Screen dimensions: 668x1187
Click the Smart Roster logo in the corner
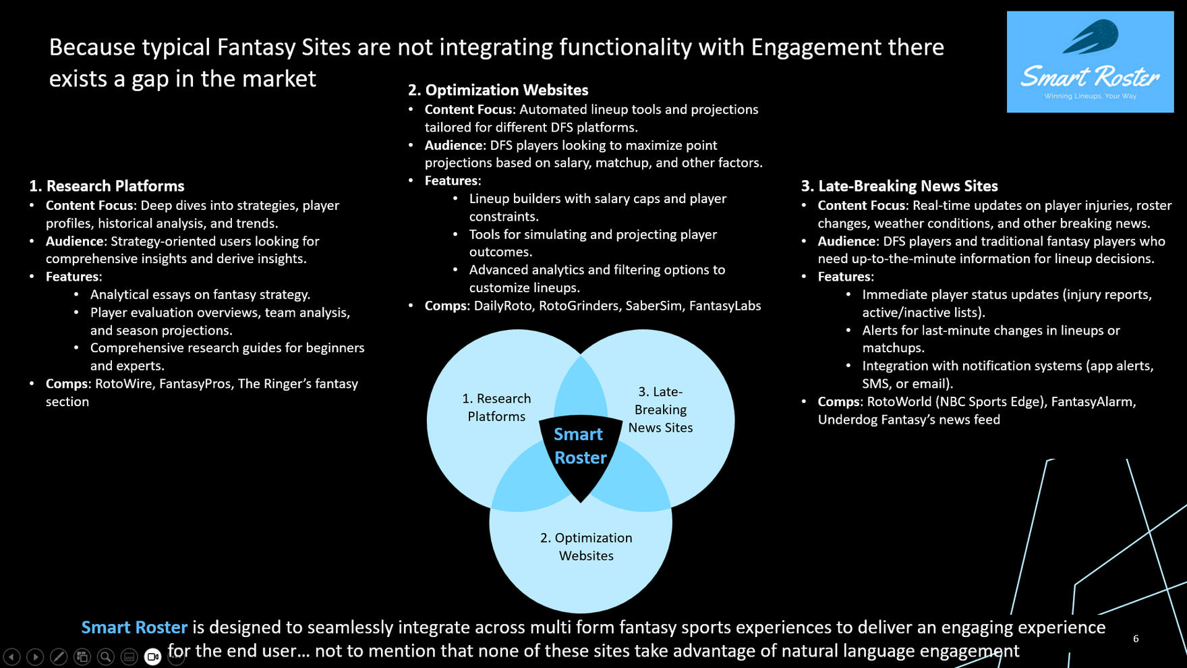(1090, 62)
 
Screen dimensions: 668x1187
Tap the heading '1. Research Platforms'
(107, 186)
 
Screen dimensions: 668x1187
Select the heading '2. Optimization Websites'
(498, 90)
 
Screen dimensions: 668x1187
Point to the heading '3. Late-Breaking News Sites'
(899, 186)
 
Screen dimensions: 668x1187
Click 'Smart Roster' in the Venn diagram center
(579, 446)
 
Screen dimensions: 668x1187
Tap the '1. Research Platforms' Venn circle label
(496, 408)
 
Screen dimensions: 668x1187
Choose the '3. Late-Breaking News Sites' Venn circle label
(660, 410)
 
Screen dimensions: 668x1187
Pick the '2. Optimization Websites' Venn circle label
(586, 547)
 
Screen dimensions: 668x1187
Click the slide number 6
(1136, 638)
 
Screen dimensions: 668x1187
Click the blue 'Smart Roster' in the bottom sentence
(134, 628)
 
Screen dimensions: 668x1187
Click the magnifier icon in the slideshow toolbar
(105, 657)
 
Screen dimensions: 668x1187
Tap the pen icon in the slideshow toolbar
(59, 657)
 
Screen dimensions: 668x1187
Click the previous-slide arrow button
(12, 657)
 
